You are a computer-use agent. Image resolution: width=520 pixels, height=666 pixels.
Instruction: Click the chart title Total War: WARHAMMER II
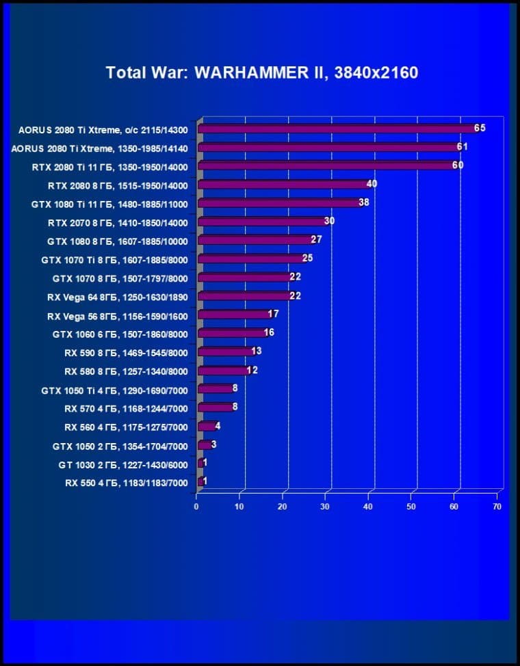tap(261, 72)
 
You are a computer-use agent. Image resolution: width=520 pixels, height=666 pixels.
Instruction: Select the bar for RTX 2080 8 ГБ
tap(282, 185)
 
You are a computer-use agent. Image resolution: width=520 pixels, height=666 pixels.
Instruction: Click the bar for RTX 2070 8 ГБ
tap(261, 222)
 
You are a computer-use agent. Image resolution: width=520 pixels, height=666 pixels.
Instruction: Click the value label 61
tap(463, 146)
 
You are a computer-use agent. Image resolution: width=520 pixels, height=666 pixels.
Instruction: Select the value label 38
tap(364, 202)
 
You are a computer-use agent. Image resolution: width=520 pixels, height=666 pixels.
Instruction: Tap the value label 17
tap(273, 314)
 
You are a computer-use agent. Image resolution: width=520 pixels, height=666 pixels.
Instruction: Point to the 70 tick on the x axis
tap(497, 507)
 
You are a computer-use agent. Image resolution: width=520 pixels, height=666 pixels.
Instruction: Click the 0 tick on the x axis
tap(196, 507)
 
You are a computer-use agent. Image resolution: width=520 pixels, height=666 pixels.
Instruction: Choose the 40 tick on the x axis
tap(368, 507)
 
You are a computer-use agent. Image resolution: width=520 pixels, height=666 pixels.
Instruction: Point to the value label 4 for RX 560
tap(218, 426)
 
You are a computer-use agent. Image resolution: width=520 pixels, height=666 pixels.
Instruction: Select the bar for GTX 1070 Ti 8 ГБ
tap(250, 259)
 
